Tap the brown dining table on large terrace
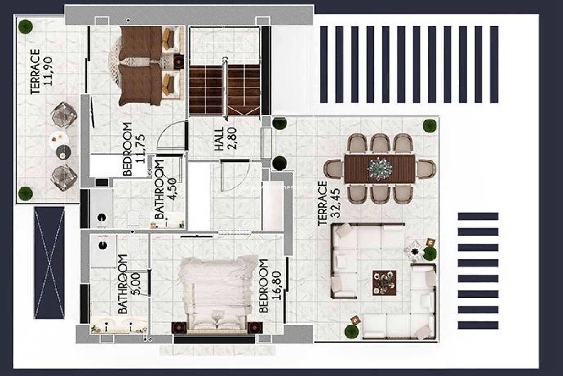tap(380, 168)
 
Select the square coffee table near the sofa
tap(384, 282)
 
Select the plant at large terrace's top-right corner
tap(430, 126)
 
